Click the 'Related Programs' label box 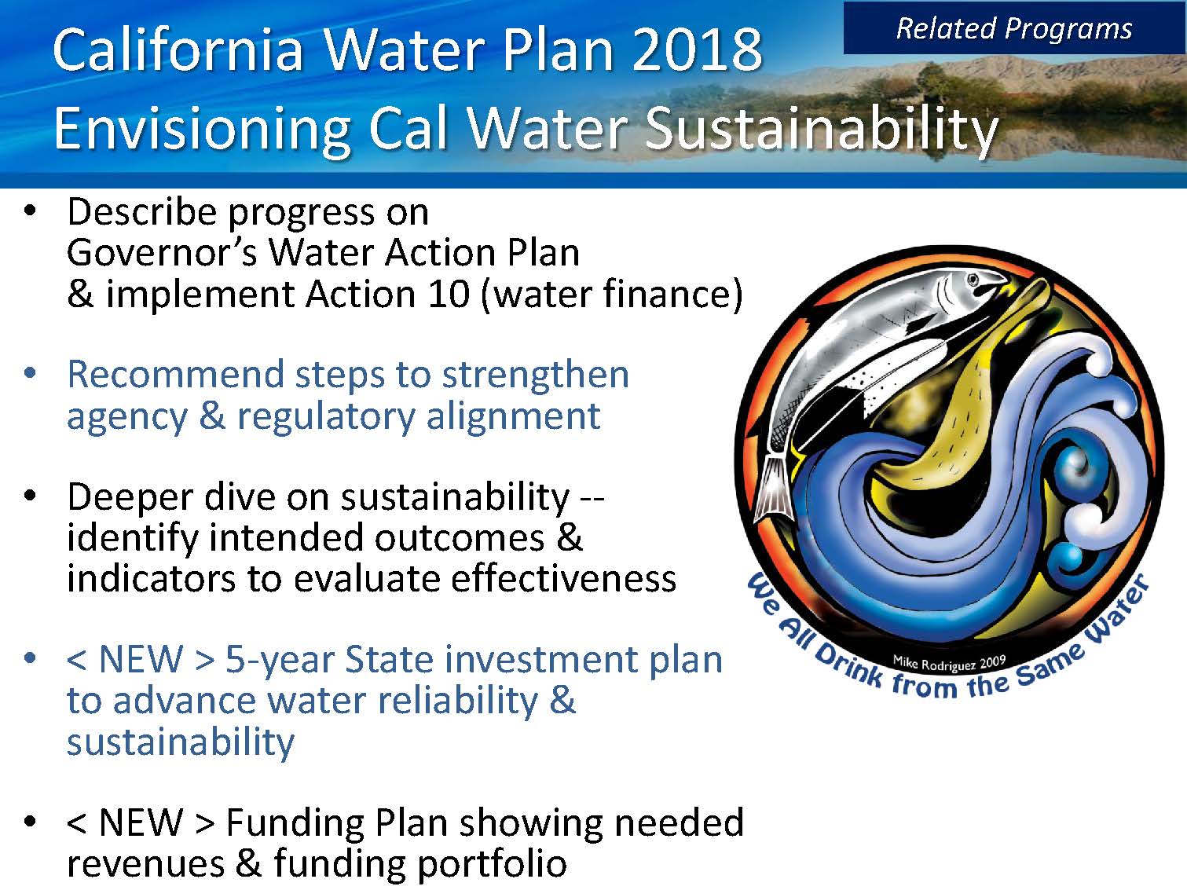tap(1014, 28)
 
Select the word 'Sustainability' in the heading tap(822, 130)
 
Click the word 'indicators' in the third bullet tap(151, 579)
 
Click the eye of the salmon tap(973, 280)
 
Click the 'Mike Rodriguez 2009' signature tap(949, 663)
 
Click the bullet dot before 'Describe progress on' tap(31, 211)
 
